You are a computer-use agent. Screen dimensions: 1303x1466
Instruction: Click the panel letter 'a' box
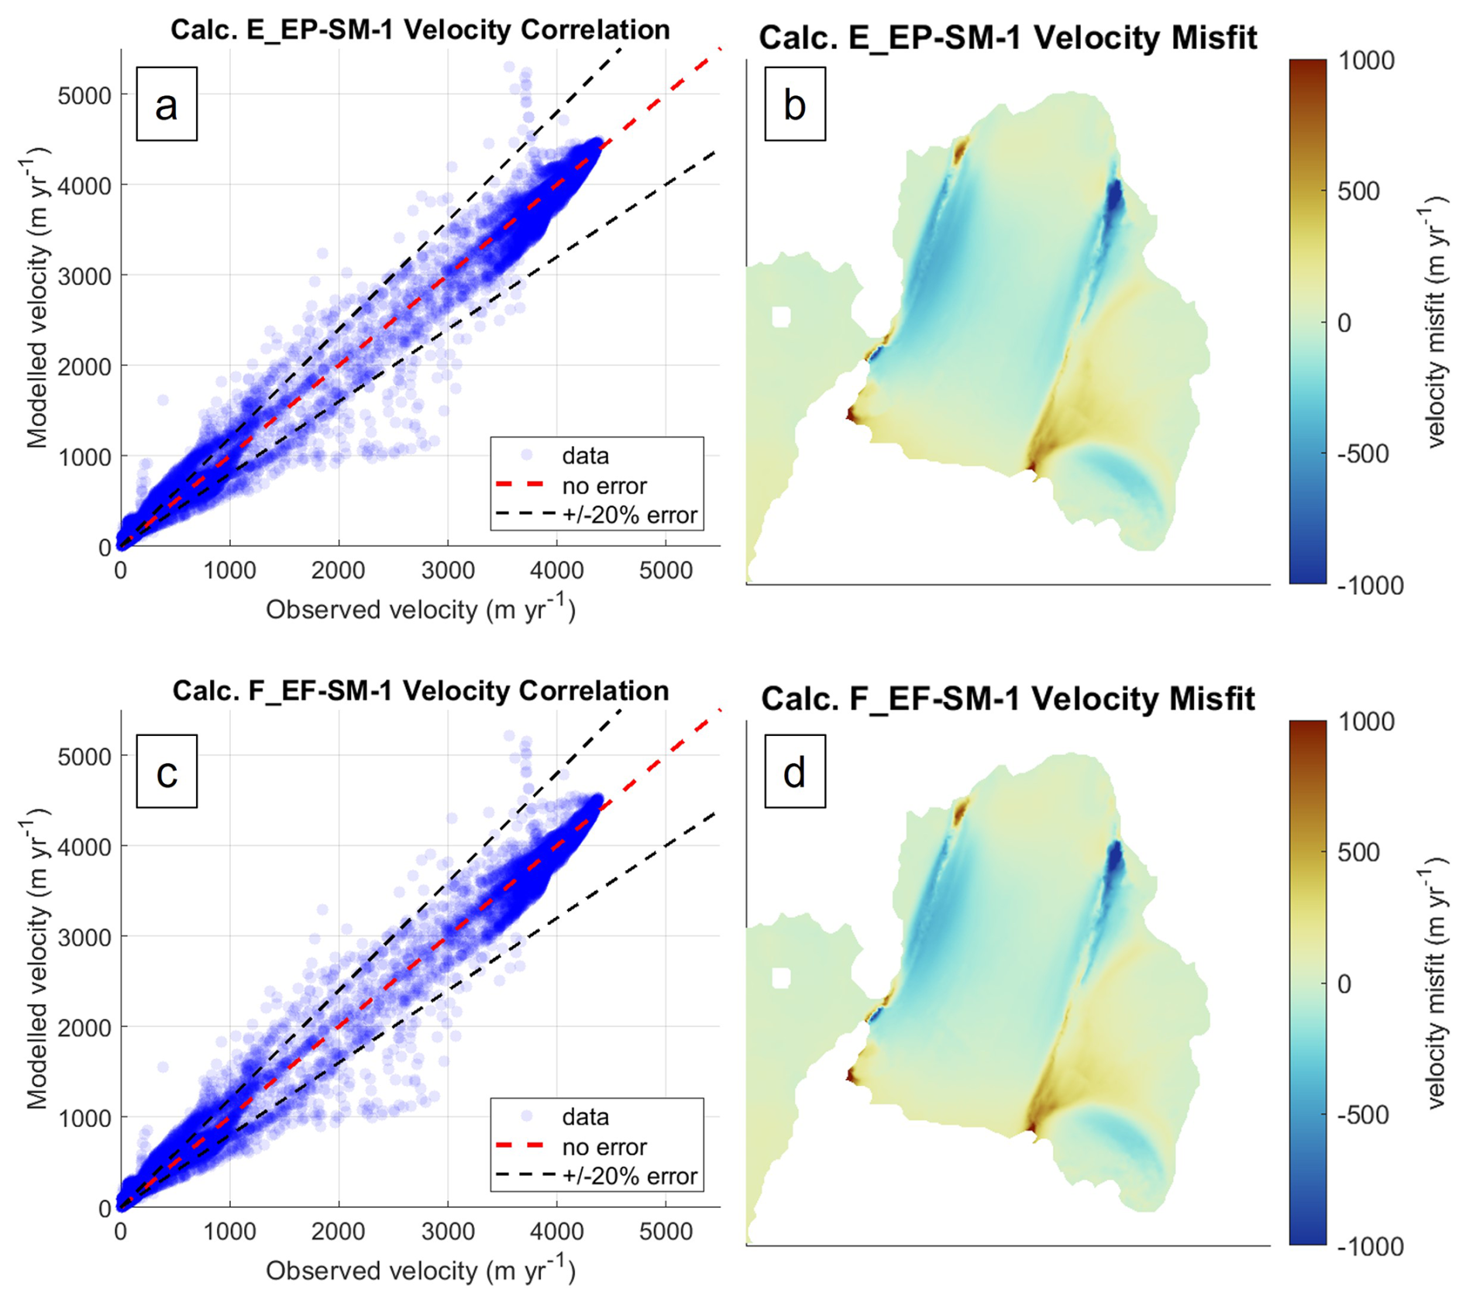point(167,104)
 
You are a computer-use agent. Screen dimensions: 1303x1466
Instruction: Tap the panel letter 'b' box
point(795,104)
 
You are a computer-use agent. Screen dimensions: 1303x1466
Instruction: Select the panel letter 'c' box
point(167,772)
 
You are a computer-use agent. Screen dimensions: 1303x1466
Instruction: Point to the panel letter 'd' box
point(795,772)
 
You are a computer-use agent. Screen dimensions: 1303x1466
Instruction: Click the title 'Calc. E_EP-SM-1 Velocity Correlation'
point(420,29)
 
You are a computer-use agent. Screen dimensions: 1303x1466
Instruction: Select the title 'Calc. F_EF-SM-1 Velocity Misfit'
point(1007,699)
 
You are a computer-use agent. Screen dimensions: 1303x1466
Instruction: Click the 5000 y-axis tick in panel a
point(84,95)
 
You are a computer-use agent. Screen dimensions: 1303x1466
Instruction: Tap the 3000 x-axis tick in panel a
point(448,572)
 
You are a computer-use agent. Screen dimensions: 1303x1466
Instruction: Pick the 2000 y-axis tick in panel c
point(84,1027)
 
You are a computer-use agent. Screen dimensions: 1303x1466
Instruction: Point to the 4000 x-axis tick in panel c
point(556,1233)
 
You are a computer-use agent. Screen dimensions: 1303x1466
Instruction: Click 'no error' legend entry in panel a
point(604,486)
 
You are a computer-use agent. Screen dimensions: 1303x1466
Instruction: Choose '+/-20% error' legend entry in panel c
point(629,1176)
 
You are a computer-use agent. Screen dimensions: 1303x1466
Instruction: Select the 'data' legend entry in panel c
point(585,1117)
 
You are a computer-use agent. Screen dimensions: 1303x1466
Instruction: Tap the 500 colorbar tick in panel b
point(1358,191)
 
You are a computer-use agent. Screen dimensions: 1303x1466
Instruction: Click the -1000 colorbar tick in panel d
point(1369,1246)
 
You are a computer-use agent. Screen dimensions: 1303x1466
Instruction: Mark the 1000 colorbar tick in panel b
point(1365,60)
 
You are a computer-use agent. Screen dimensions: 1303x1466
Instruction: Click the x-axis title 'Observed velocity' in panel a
point(420,610)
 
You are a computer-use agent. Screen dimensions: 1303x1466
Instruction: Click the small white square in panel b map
point(781,317)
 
